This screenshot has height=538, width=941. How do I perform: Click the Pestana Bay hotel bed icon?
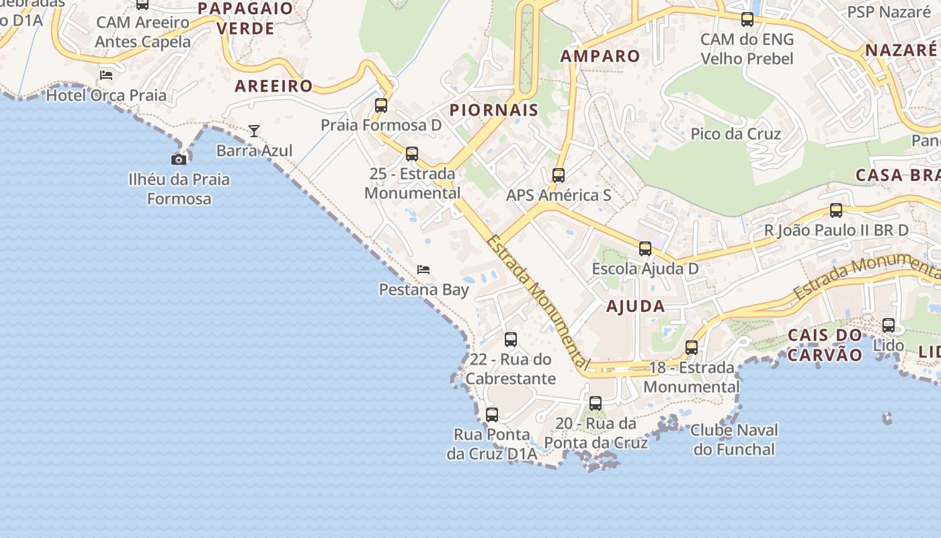(x=423, y=270)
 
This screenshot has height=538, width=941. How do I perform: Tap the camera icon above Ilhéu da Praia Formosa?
(x=179, y=159)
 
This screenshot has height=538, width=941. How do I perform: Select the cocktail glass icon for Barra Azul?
(x=254, y=130)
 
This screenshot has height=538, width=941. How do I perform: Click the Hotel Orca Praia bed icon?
(x=106, y=75)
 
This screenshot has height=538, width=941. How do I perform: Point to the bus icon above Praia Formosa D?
(x=381, y=106)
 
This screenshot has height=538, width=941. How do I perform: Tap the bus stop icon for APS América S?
(x=559, y=176)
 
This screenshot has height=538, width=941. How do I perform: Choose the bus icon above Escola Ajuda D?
(x=645, y=249)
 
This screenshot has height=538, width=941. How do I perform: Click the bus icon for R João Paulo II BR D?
(x=836, y=210)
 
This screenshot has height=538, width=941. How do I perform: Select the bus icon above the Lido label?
(x=889, y=325)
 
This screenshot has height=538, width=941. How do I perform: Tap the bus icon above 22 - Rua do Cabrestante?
(x=511, y=340)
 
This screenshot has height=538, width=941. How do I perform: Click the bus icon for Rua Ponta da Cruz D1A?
(x=492, y=415)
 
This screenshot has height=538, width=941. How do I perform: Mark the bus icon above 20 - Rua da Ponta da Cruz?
(x=596, y=403)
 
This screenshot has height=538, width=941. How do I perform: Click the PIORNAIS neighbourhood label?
(x=494, y=110)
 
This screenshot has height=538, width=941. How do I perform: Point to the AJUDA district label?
(x=636, y=307)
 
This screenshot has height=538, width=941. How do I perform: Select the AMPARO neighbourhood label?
(x=600, y=56)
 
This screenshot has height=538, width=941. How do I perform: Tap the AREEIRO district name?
(x=274, y=86)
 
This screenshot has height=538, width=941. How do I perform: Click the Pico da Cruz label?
(x=736, y=134)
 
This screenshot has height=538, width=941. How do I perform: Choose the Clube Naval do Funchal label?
(x=734, y=440)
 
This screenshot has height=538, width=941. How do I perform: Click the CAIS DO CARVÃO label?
(x=825, y=345)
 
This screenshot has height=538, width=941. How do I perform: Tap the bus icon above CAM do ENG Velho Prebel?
(x=747, y=20)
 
